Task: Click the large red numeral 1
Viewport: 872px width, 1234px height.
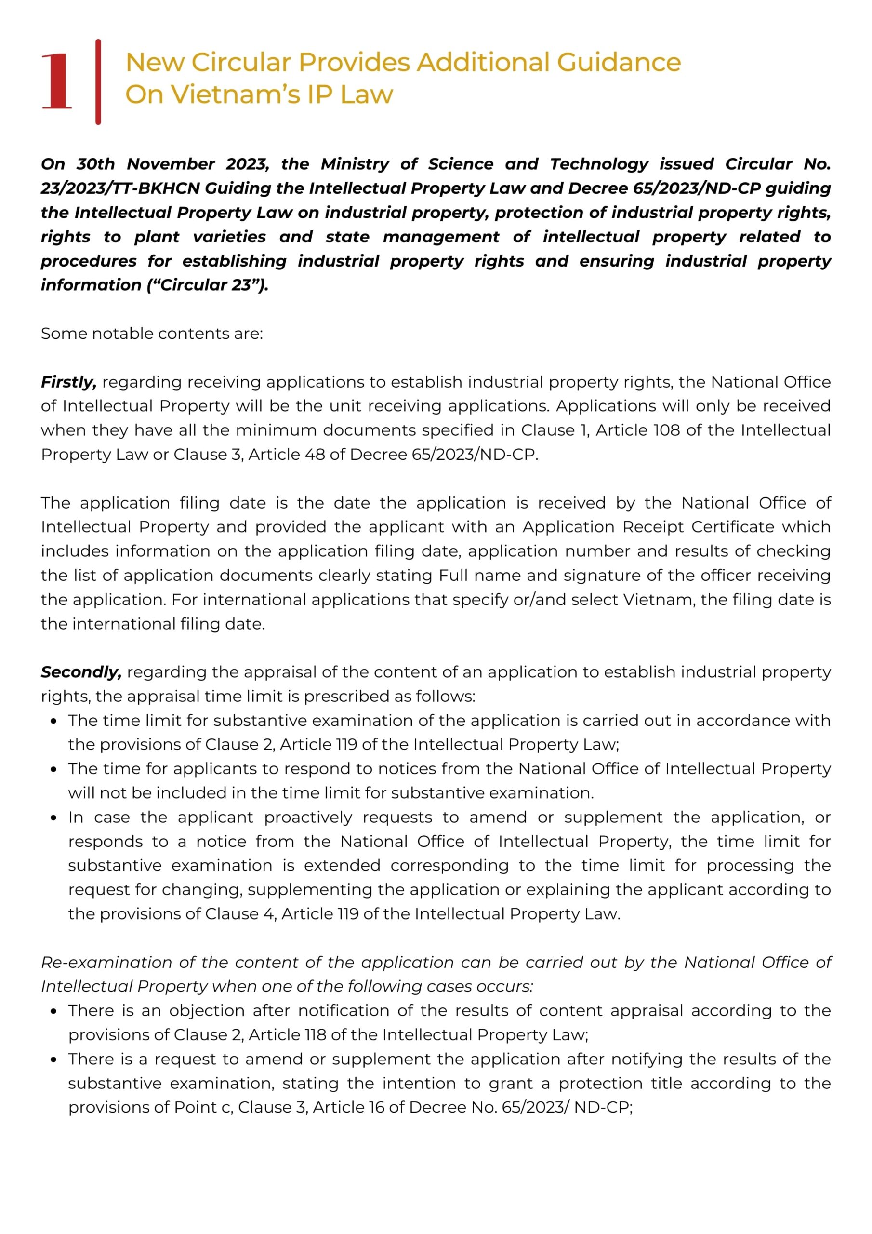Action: (x=56, y=81)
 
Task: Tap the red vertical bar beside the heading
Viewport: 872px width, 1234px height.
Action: (x=98, y=81)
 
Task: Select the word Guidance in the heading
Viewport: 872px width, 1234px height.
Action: (x=619, y=62)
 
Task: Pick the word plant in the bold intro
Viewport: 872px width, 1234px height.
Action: (x=157, y=237)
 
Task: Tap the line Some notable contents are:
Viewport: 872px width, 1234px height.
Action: (x=151, y=334)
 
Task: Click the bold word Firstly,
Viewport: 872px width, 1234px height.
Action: (x=68, y=382)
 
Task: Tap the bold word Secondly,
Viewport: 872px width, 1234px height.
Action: (x=81, y=672)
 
